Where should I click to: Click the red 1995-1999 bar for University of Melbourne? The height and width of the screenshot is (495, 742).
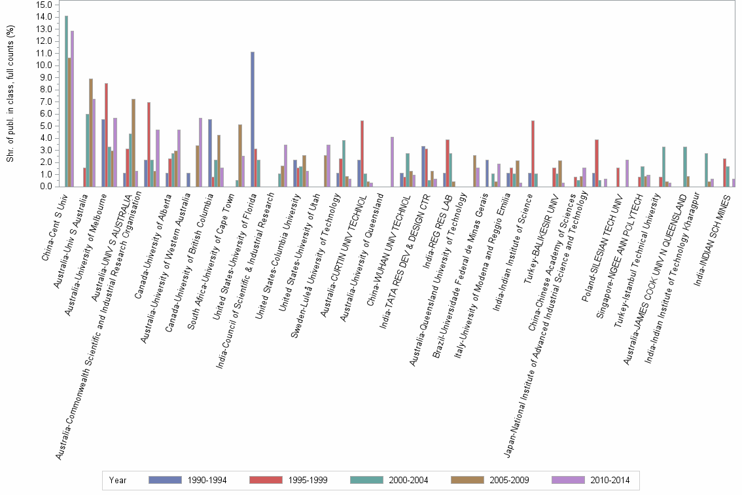pos(107,135)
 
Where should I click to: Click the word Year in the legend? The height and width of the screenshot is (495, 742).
pos(118,481)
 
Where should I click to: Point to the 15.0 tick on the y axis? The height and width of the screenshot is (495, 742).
pos(43,5)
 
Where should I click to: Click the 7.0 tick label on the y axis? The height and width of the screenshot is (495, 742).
pos(43,101)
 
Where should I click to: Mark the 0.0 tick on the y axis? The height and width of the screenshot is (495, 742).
pos(43,187)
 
